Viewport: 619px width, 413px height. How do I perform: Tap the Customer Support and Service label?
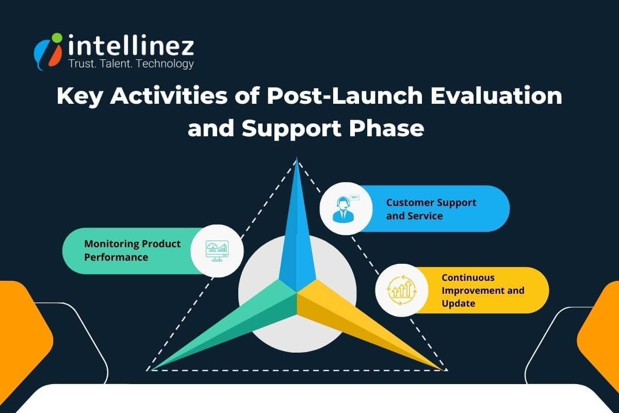(x=431, y=209)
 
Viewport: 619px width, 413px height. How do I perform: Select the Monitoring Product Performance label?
(x=133, y=250)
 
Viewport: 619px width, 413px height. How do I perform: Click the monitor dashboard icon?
(x=216, y=250)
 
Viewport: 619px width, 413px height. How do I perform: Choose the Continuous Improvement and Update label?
(x=482, y=290)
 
